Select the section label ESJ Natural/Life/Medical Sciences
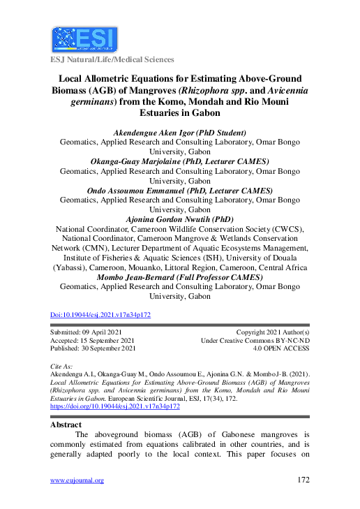click(x=112, y=60)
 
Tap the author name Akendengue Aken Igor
click(x=179, y=132)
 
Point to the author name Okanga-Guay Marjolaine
click(x=179, y=161)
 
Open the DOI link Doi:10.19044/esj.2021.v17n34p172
click(x=101, y=315)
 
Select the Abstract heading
click(x=68, y=425)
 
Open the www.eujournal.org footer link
click(x=77, y=480)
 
